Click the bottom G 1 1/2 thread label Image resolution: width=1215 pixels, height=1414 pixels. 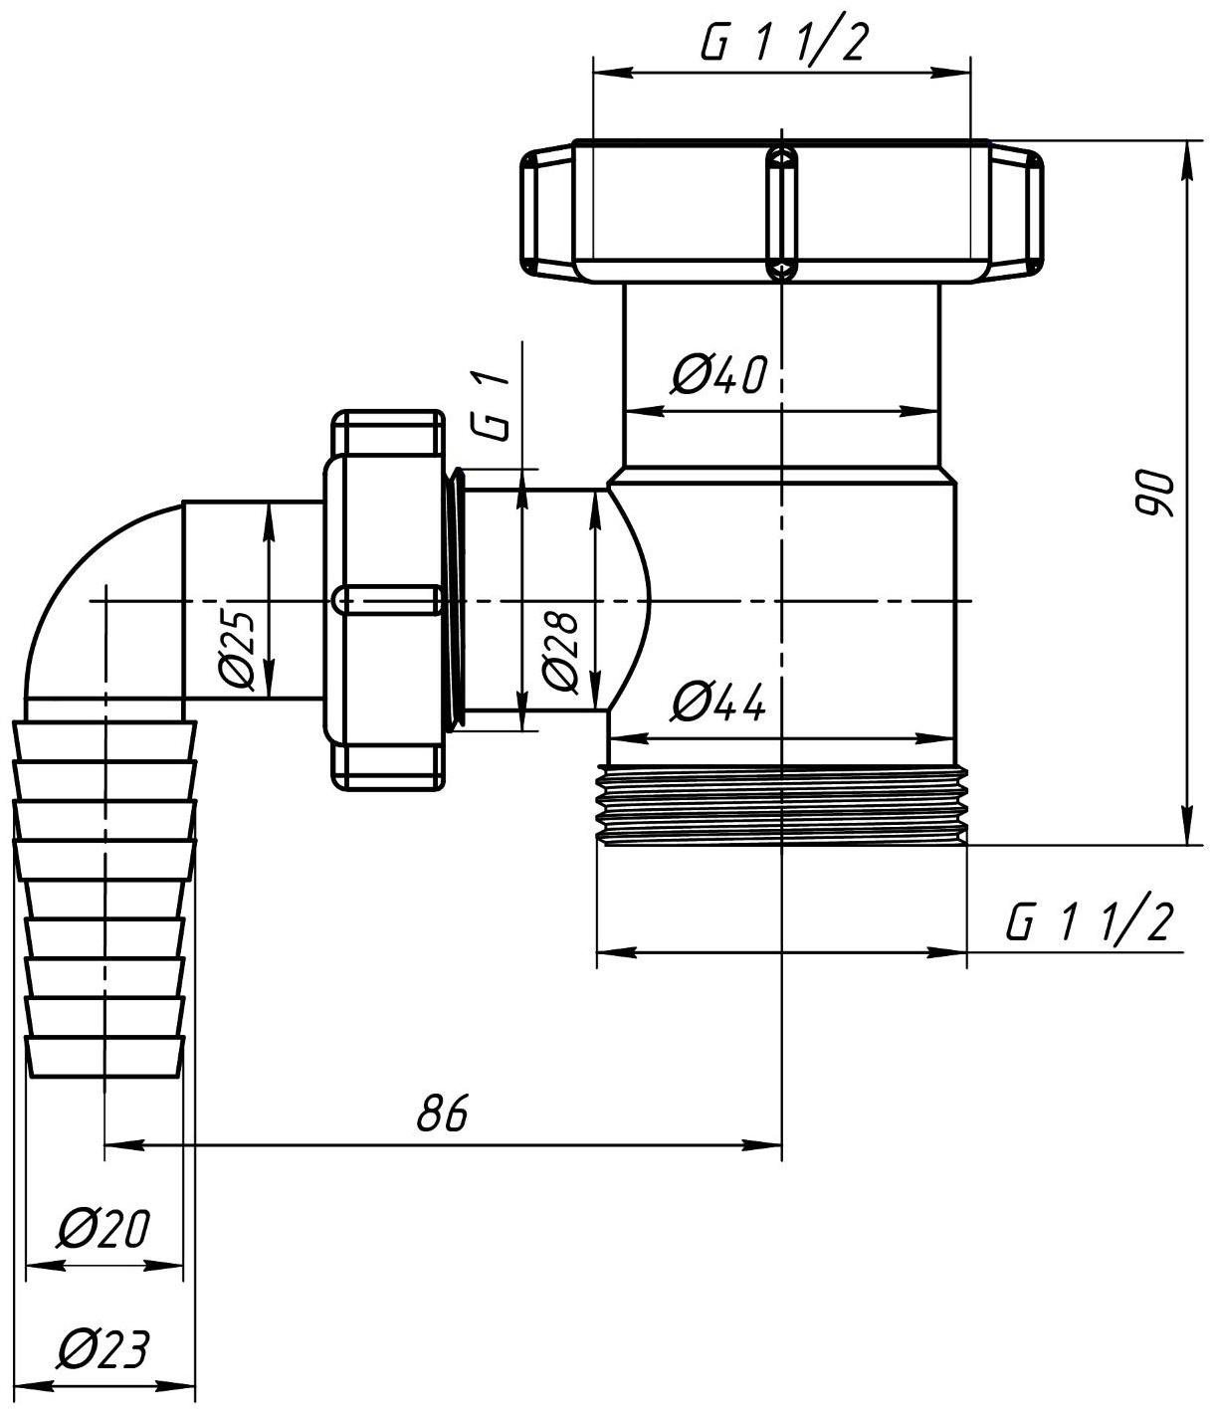click(x=1089, y=920)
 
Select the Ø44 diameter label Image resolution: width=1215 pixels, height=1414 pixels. click(x=717, y=702)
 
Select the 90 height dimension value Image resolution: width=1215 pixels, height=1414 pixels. click(x=1155, y=494)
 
